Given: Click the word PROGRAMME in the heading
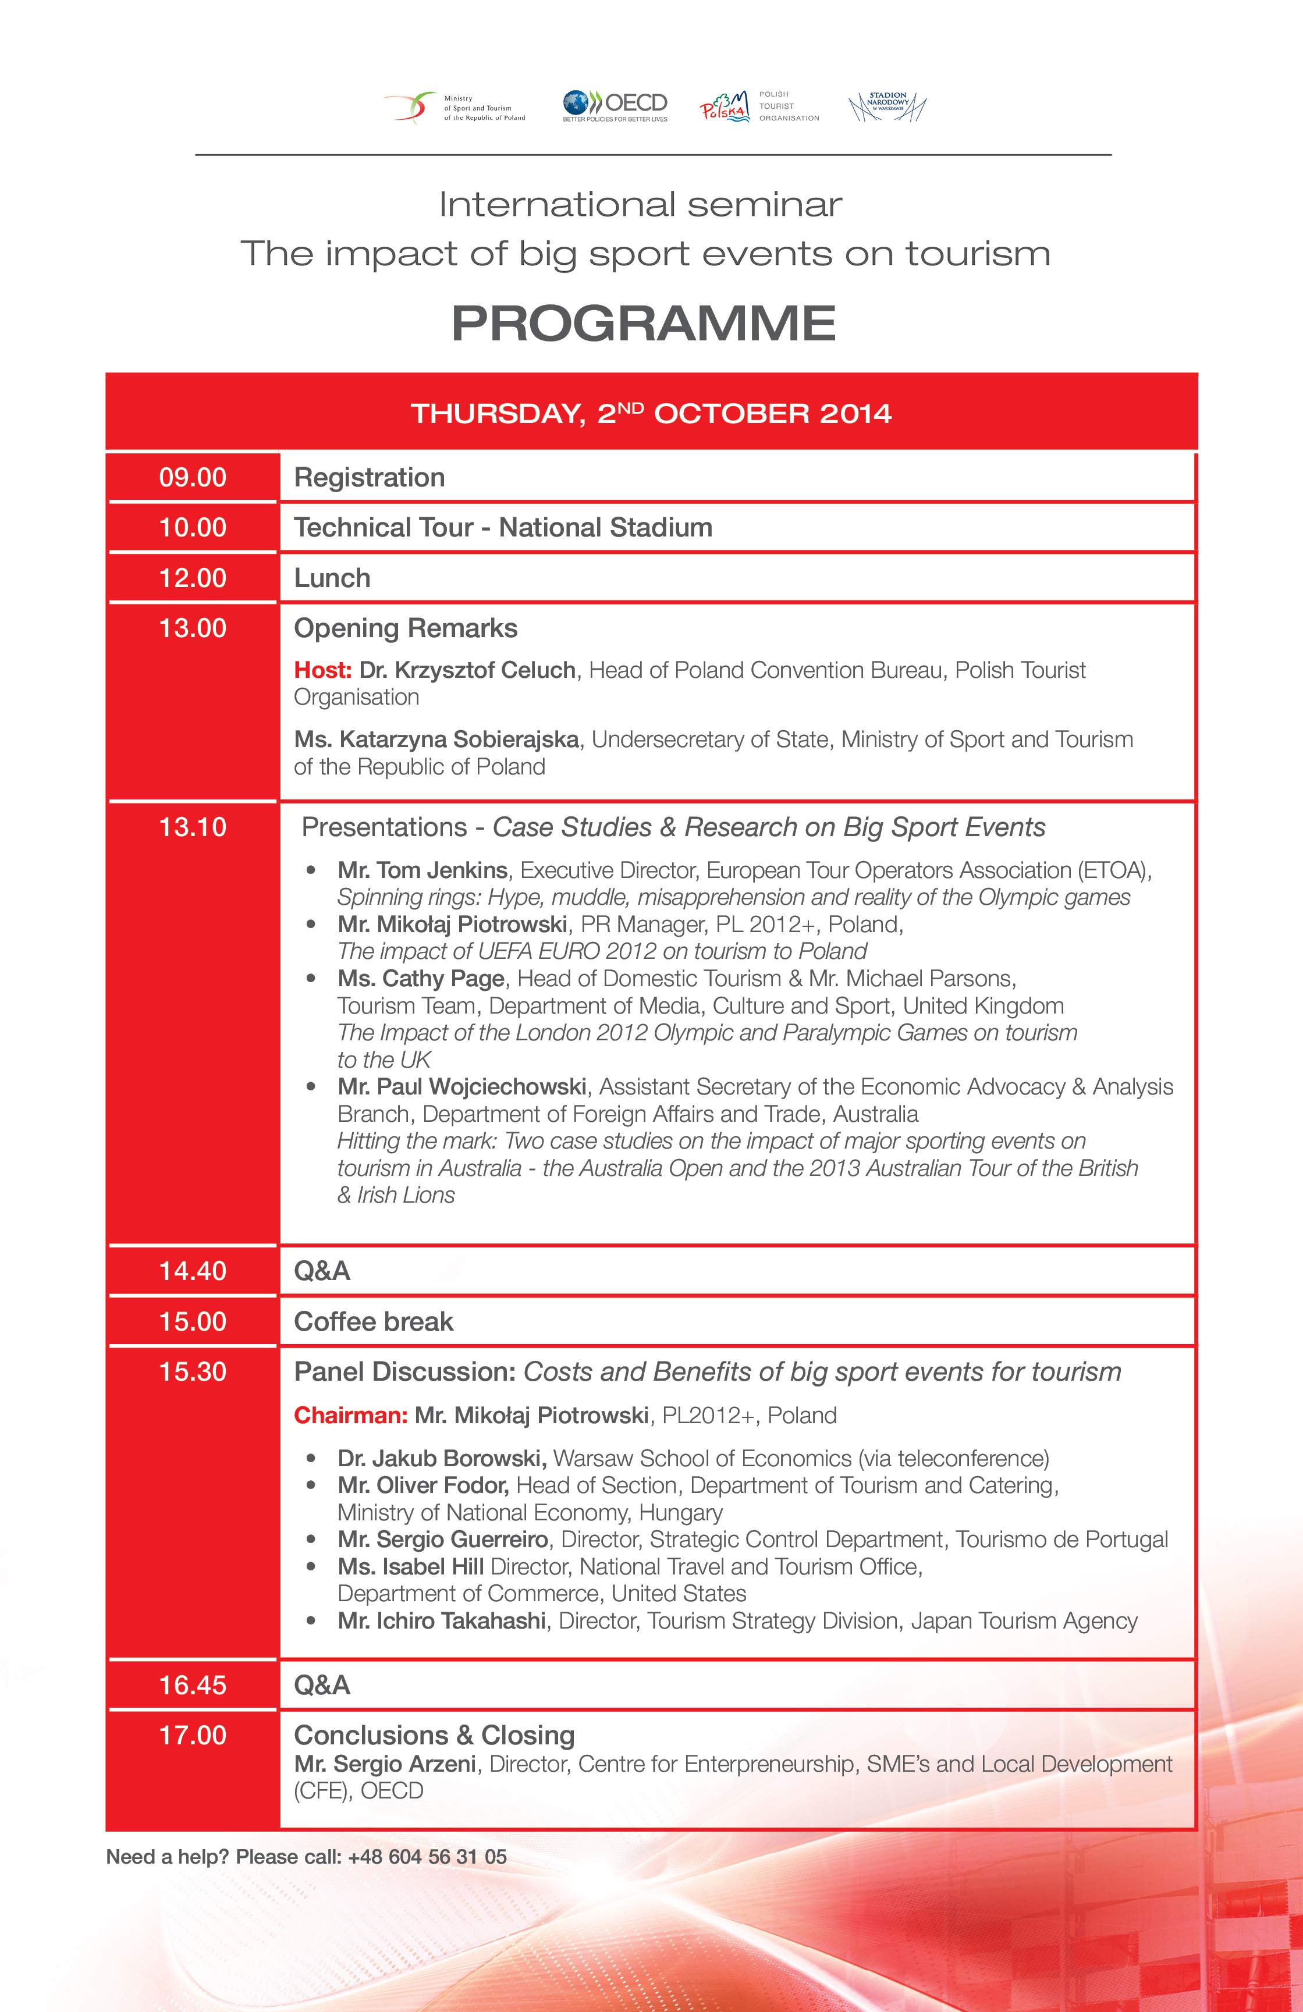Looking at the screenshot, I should (644, 323).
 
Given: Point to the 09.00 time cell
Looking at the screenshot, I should (193, 478).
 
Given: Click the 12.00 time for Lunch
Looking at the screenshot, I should (193, 578).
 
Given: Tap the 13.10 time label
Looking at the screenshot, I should (193, 827).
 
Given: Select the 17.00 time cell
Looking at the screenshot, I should (193, 1736).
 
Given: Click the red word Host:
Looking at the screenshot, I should (322, 670).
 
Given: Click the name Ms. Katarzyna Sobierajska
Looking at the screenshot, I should (436, 740).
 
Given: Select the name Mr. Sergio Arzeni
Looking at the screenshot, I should (385, 1764).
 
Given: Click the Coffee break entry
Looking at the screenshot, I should (373, 1321).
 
